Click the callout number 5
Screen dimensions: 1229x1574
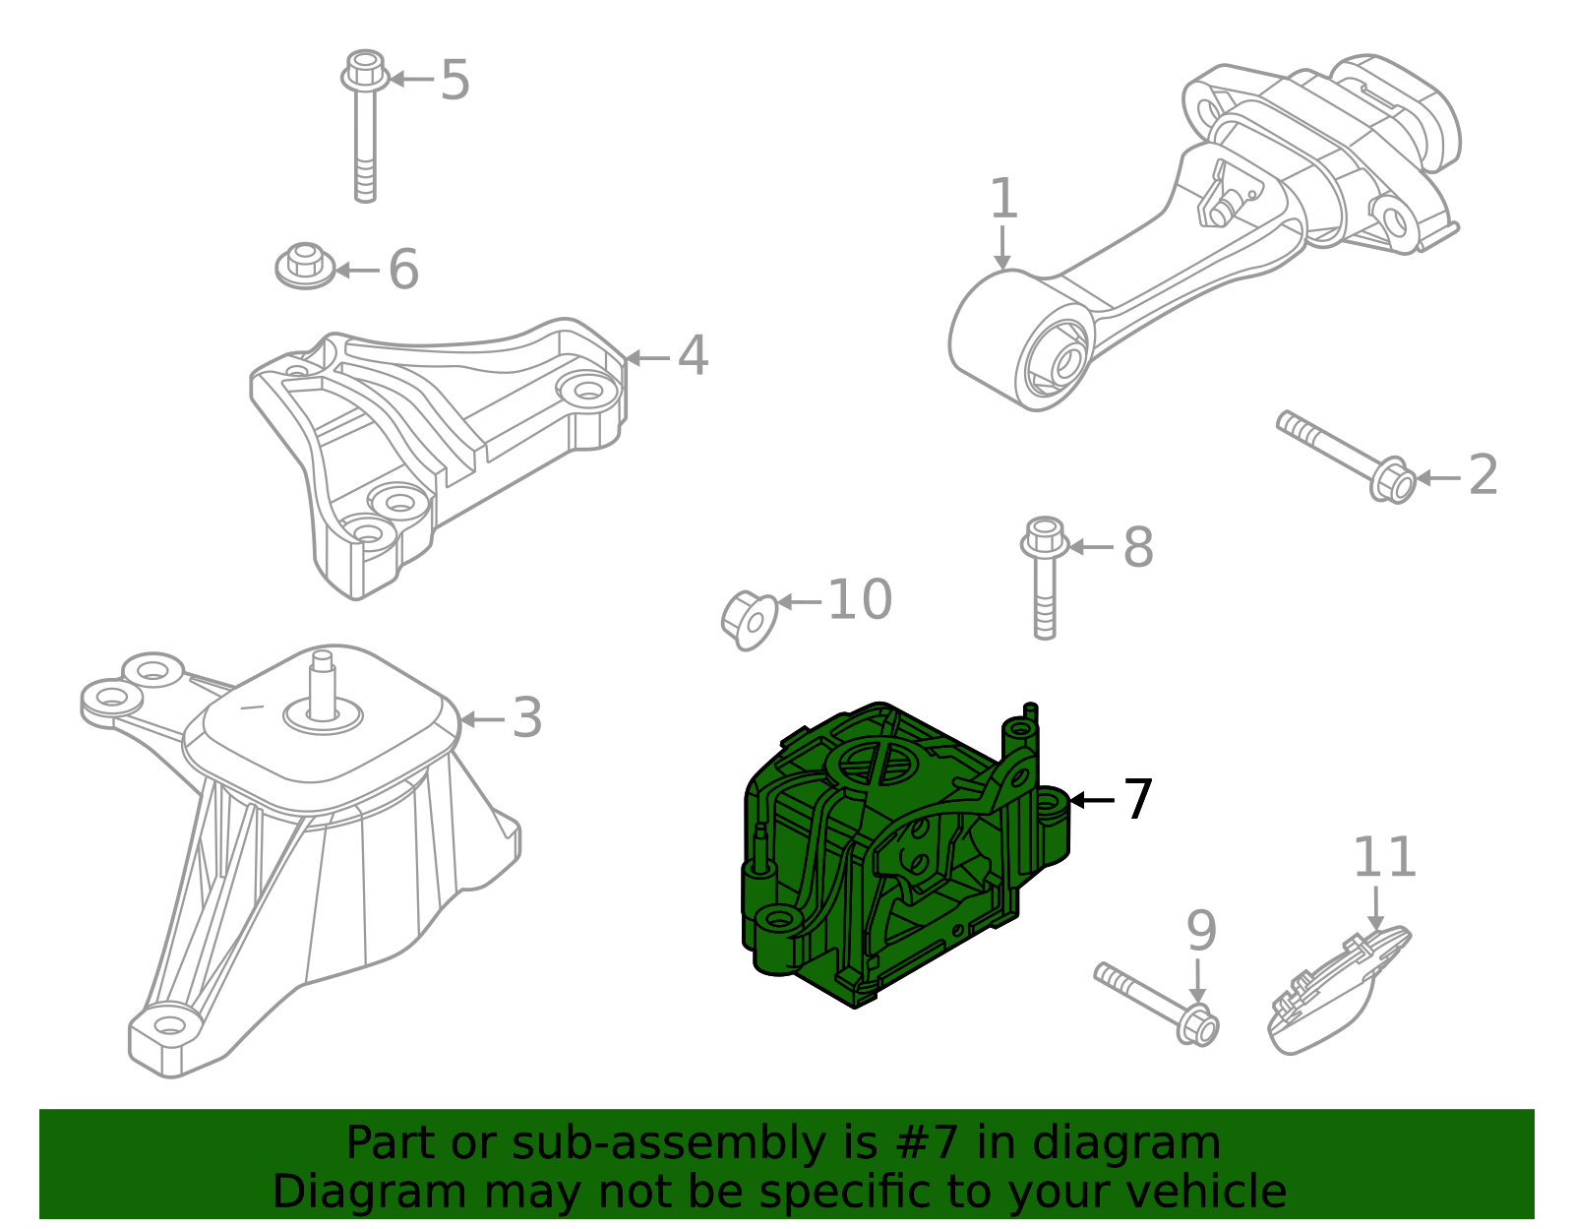pos(454,80)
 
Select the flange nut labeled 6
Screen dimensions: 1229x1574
pos(304,267)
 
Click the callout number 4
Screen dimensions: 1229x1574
pos(693,355)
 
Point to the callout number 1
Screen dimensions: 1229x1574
pos(1002,199)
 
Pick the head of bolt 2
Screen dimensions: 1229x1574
pos(1392,481)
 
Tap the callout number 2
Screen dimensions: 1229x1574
pos(1483,475)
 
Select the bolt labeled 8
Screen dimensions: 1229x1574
pos(1045,581)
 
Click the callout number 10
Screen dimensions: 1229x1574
pos(860,599)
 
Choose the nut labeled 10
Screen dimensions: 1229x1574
pos(749,619)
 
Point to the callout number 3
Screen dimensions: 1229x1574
pos(527,718)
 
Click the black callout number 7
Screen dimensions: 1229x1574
pos(1138,800)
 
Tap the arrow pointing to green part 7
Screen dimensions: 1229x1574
pos(1092,800)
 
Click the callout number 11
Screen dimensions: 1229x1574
pos(1384,858)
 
